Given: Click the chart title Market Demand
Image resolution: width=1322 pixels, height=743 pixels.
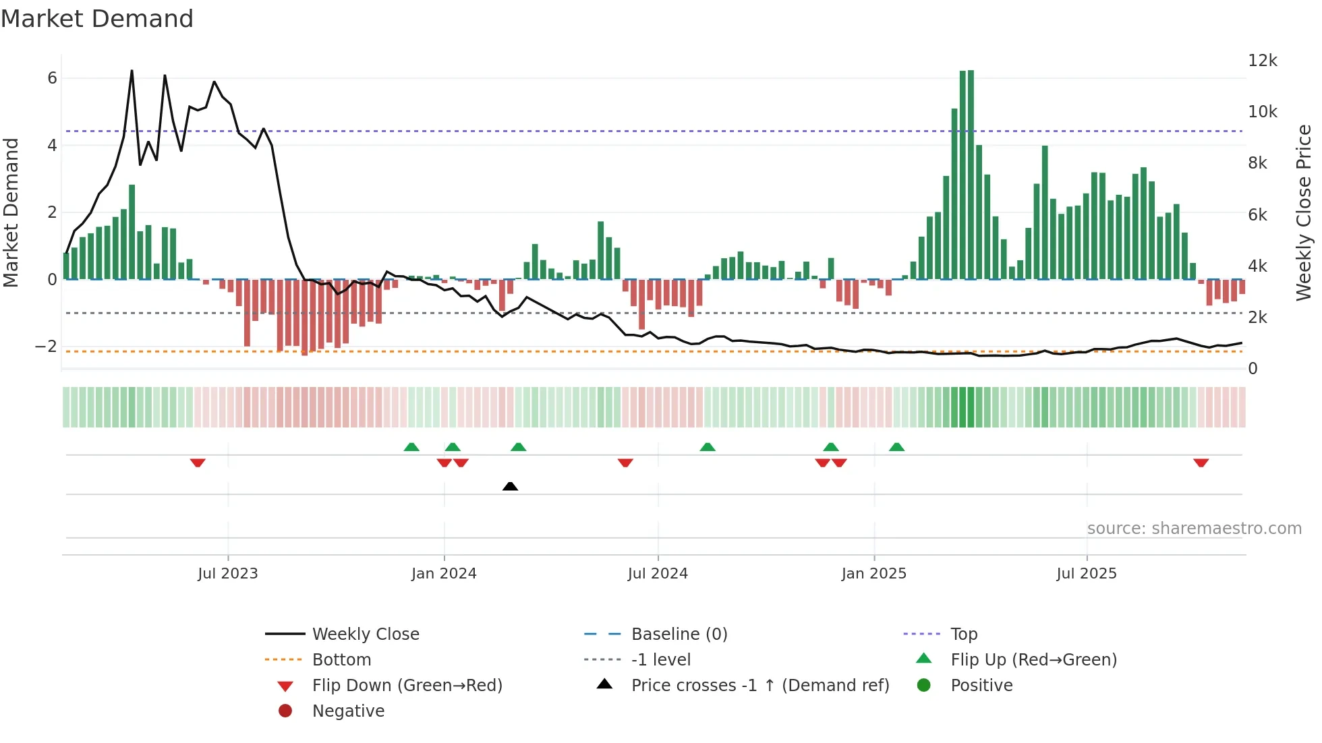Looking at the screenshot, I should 97,19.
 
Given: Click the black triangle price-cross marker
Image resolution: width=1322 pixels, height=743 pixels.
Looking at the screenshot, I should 510,486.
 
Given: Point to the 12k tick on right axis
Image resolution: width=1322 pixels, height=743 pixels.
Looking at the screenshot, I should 1262,61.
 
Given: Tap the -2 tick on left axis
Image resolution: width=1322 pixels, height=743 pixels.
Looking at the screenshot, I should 46,347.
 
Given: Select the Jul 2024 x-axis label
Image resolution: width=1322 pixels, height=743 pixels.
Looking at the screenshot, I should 658,574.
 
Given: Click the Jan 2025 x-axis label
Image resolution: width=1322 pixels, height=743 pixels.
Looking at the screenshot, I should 873,574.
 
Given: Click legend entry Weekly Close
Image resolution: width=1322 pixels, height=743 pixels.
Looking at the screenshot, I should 365,634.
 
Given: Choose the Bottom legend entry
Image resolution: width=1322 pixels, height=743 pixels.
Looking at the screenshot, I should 341,660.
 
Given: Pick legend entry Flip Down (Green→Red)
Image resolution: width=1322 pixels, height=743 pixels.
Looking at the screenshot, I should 407,686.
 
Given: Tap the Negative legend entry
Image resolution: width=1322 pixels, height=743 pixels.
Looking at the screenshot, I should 348,711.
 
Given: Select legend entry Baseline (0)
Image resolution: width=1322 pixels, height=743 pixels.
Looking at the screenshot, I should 679,634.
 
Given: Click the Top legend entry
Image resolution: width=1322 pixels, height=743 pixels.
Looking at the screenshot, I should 963,634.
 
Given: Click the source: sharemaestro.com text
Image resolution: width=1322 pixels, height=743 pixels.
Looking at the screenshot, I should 1194,529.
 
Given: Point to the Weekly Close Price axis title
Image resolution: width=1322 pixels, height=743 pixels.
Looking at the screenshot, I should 1304,212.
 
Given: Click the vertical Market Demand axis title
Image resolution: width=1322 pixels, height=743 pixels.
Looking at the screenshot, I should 11,212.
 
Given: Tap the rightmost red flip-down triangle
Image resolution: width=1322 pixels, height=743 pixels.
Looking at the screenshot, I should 1201,463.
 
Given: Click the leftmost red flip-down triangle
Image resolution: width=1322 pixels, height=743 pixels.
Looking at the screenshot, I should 198,463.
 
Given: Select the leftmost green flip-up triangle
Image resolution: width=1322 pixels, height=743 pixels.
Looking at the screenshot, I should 411,447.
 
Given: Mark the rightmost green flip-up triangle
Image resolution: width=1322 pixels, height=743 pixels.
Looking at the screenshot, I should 896,447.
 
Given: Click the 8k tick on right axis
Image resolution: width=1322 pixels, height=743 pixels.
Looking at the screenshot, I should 1257,163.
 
